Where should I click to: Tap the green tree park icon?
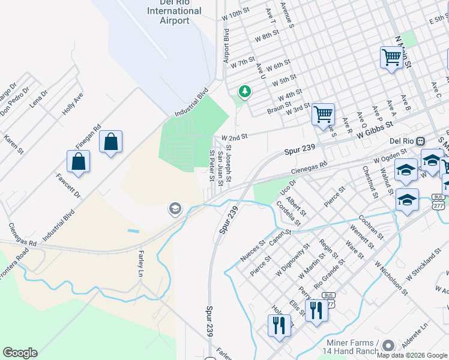pyautogui.click(x=244, y=91)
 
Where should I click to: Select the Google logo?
pyautogui.click(x=20, y=353)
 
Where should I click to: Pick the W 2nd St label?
pyautogui.click(x=235, y=137)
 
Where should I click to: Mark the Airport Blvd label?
pyautogui.click(x=226, y=44)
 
